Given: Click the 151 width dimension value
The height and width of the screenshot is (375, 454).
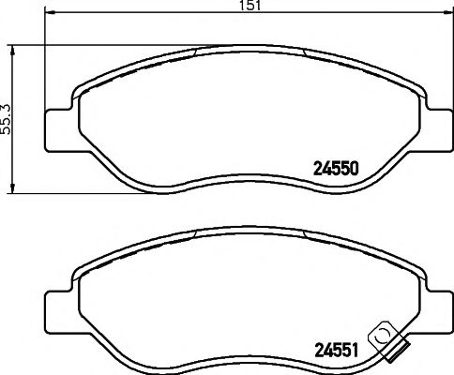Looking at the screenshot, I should (250, 6).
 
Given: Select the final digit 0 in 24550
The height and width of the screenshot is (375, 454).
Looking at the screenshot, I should (356, 170).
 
